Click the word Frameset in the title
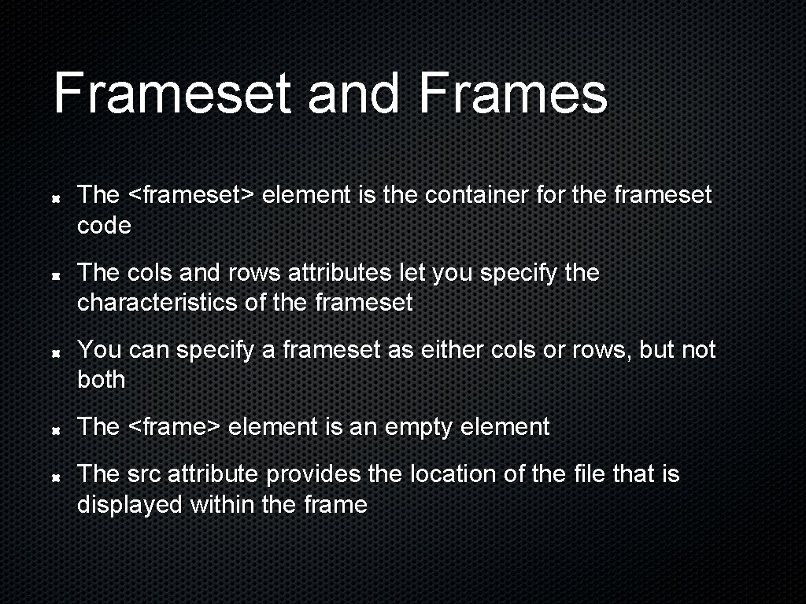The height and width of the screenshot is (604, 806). coord(173,93)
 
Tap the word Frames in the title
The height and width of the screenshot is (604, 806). coord(513,93)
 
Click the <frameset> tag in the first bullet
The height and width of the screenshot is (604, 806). coord(190,194)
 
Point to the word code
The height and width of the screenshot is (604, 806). coord(104,226)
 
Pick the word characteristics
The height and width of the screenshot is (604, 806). coord(157,303)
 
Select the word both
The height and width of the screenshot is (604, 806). coord(102,380)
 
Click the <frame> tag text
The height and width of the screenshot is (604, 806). coord(174,427)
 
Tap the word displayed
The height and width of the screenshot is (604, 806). coord(130,504)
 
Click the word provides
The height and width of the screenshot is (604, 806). coord(314,474)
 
